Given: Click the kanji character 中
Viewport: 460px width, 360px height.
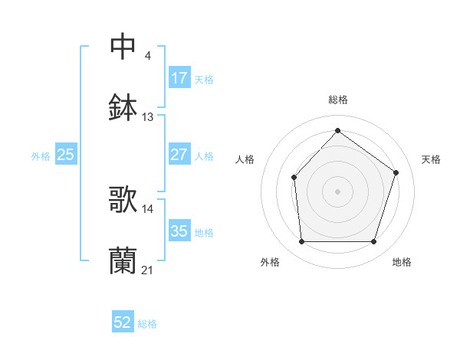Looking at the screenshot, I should click(123, 47).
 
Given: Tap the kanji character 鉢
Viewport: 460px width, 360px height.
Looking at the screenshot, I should click(123, 107).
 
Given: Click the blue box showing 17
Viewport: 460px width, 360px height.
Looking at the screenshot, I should click(179, 78).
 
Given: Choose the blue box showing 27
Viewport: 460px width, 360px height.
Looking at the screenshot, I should click(179, 155).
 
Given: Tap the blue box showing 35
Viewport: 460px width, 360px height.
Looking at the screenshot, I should click(179, 231).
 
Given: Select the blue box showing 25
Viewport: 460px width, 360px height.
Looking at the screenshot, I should click(66, 155).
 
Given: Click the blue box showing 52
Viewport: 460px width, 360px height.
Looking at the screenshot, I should click(123, 323).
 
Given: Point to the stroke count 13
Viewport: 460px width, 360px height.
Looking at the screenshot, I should click(148, 117).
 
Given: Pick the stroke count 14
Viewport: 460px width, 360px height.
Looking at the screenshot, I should click(148, 208).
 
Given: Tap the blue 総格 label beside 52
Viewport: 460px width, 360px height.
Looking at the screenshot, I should click(148, 324).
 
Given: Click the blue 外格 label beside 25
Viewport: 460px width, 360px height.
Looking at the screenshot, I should click(41, 155).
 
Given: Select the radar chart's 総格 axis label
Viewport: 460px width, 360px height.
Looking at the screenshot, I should click(337, 100).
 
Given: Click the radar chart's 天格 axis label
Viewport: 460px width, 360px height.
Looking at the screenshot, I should click(432, 159).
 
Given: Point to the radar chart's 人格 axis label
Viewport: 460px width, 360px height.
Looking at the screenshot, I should click(245, 159).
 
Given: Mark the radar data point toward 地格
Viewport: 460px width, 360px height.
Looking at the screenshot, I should click(374, 242).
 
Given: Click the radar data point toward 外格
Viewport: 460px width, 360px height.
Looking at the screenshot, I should click(301, 242).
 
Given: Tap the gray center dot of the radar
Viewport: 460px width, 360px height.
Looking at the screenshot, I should click(337, 191).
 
